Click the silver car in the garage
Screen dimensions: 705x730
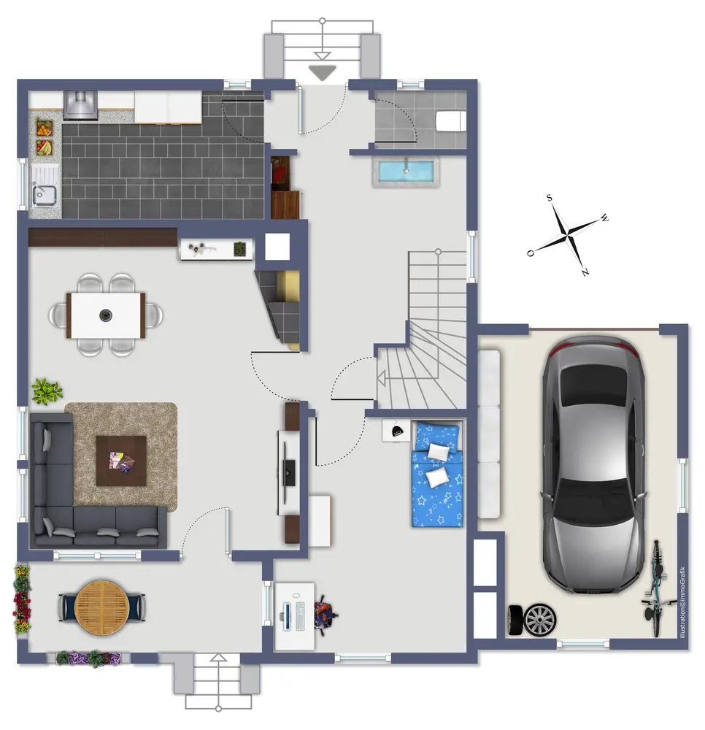point(593,466)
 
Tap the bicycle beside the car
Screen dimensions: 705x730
point(657,589)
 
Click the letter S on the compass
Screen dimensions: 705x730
point(549,198)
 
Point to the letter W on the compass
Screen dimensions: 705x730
point(604,218)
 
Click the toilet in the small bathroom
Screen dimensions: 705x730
point(450,121)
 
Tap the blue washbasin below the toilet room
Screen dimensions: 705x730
point(406,172)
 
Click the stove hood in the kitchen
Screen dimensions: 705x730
point(80,105)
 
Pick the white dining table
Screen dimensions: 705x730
point(106,315)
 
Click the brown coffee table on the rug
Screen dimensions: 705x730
point(121,461)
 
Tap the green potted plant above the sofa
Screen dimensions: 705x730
point(47,391)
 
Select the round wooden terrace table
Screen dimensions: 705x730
point(102,607)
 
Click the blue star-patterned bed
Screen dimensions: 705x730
point(437,474)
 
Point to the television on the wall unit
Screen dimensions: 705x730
point(289,473)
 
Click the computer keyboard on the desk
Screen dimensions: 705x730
point(300,616)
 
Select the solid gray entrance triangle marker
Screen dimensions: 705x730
point(322,73)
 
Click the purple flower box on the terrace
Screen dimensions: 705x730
point(88,658)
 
